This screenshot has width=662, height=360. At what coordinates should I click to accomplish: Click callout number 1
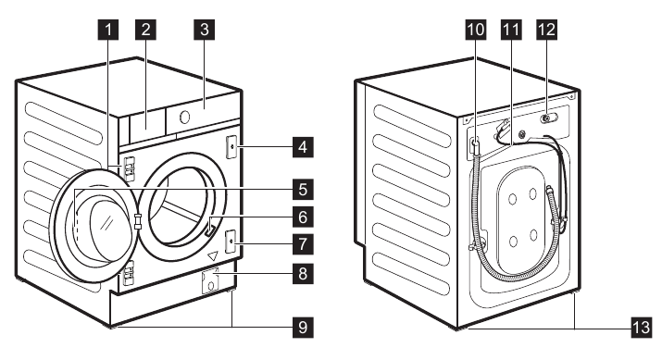pyautogui.click(x=109, y=30)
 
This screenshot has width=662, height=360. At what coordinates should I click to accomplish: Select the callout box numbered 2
pyautogui.click(x=144, y=30)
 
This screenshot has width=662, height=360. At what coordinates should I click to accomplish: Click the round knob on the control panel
pyautogui.click(x=184, y=118)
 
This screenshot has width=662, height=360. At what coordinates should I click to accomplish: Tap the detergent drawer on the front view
pyautogui.click(x=144, y=123)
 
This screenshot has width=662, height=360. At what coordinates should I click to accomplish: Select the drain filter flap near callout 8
pyautogui.click(x=212, y=282)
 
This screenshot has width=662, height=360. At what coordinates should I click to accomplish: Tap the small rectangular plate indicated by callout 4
pyautogui.click(x=230, y=145)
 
